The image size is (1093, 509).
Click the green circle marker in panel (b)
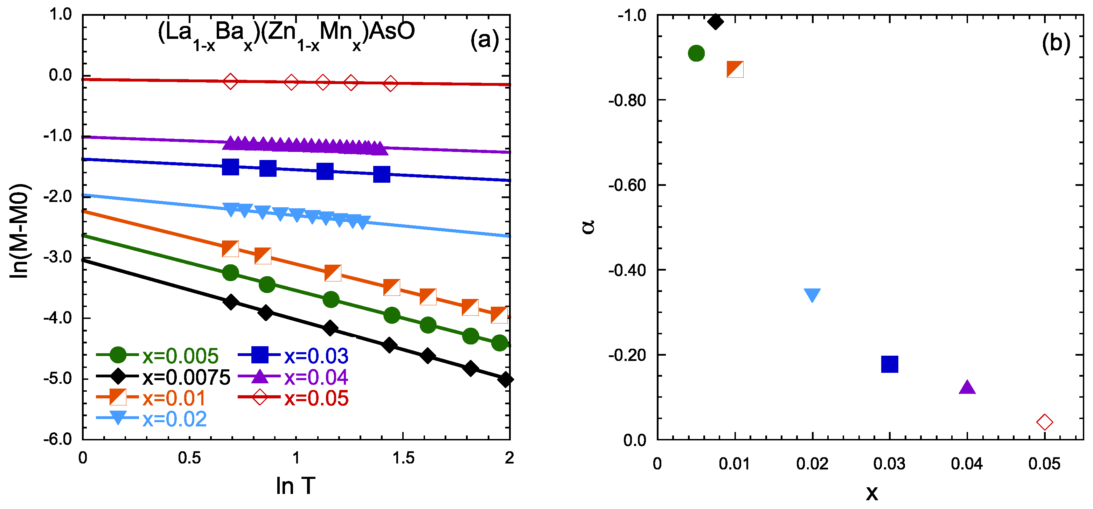click(x=696, y=54)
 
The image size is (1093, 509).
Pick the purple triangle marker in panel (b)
click(x=967, y=387)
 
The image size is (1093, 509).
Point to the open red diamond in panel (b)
click(x=1045, y=422)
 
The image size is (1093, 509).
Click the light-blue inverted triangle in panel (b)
click(x=812, y=295)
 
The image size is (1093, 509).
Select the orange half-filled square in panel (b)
click(x=735, y=69)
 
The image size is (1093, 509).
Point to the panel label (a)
click(x=484, y=40)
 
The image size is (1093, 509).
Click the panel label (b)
click(x=1056, y=43)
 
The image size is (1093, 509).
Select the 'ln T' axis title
click(x=296, y=486)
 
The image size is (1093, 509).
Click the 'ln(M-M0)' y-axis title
click(x=20, y=231)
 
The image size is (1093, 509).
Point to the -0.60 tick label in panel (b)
click(x=626, y=185)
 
